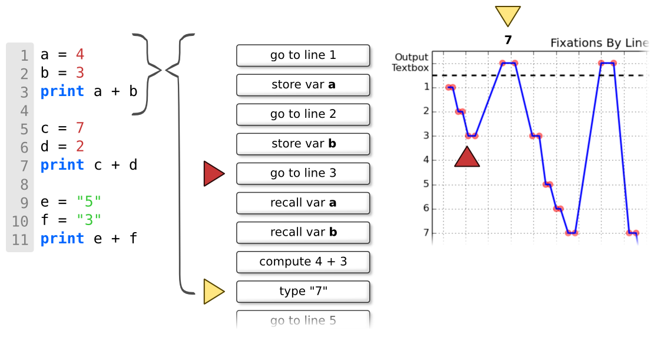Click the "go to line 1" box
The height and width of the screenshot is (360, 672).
(303, 55)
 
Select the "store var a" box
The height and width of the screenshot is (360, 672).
(303, 85)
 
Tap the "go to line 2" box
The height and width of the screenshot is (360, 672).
(303, 114)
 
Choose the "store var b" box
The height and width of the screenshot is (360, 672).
(303, 144)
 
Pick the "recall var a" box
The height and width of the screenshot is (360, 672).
(303, 203)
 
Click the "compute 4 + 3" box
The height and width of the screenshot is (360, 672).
(303, 262)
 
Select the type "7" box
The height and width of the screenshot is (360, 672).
(303, 292)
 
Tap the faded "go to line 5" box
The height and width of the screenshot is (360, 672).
(303, 320)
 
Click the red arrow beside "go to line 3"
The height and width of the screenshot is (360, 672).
(213, 174)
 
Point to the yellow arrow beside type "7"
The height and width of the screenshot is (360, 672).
(213, 292)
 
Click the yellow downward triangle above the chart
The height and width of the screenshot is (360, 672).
(508, 15)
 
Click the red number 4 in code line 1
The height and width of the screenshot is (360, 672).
(80, 54)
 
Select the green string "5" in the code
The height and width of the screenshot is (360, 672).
(89, 201)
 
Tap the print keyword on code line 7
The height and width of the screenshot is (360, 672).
(62, 165)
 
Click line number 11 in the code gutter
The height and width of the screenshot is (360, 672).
(20, 240)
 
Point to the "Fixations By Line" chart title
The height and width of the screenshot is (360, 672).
(599, 43)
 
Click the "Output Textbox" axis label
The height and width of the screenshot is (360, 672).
(411, 62)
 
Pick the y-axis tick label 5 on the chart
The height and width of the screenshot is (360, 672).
(426, 184)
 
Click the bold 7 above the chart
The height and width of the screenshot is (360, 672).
(508, 40)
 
